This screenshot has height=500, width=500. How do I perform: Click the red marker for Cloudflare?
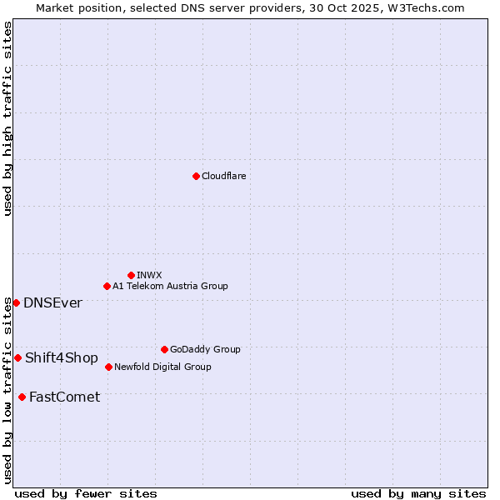tap(196, 176)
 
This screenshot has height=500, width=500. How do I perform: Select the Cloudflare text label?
tap(223, 177)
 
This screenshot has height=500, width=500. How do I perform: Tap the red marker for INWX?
tap(131, 275)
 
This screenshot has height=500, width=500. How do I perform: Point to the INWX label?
tap(149, 276)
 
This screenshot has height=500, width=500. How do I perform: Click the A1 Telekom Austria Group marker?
tap(107, 286)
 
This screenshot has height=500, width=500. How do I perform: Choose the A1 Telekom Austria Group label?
tap(170, 287)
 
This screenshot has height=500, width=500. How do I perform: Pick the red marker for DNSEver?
tap(16, 302)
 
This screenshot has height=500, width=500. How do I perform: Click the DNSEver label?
tap(52, 303)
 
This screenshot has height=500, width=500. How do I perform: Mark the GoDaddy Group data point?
tap(164, 349)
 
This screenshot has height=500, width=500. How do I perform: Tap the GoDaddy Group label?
tap(205, 350)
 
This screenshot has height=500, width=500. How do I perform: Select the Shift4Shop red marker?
tap(17, 357)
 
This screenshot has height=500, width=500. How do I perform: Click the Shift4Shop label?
tap(62, 358)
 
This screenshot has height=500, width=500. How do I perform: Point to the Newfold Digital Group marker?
tap(108, 367)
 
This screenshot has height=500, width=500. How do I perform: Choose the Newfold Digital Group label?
tap(162, 367)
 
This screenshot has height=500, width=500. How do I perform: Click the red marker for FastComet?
tap(22, 397)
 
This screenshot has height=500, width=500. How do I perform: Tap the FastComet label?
tap(64, 397)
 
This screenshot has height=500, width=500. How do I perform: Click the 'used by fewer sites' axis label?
tap(86, 493)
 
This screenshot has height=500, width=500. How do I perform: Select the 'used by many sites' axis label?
tap(418, 493)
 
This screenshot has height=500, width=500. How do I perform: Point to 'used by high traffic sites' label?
tap(7, 118)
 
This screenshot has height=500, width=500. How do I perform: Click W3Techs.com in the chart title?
tap(422, 7)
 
